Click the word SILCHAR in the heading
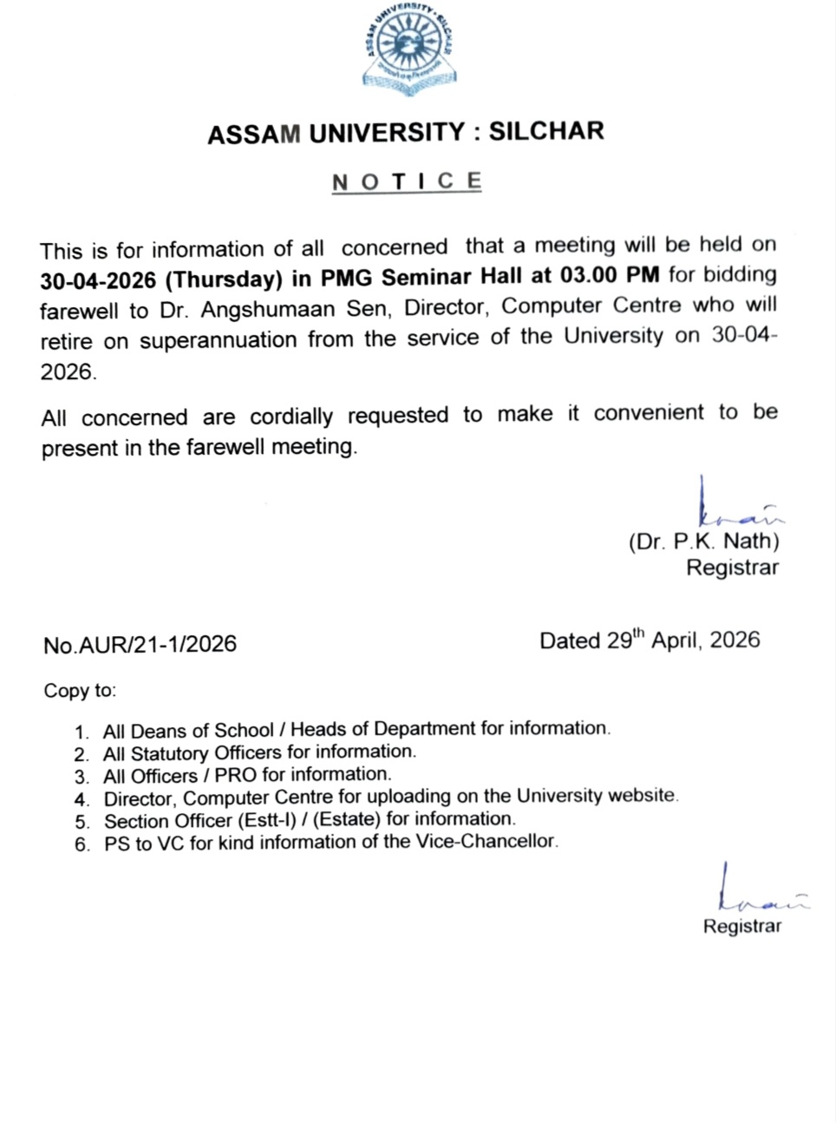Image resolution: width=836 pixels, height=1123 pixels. (x=546, y=132)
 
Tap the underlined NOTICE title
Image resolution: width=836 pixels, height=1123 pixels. (x=406, y=181)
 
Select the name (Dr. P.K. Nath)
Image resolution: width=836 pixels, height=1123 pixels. (x=703, y=542)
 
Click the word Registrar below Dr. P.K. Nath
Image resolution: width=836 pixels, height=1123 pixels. (x=732, y=568)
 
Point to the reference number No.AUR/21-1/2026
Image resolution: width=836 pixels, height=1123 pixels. (x=140, y=645)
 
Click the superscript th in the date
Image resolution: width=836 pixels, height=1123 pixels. (x=638, y=633)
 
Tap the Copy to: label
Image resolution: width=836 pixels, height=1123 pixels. (x=80, y=691)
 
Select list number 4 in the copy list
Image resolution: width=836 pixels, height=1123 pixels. (x=82, y=799)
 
